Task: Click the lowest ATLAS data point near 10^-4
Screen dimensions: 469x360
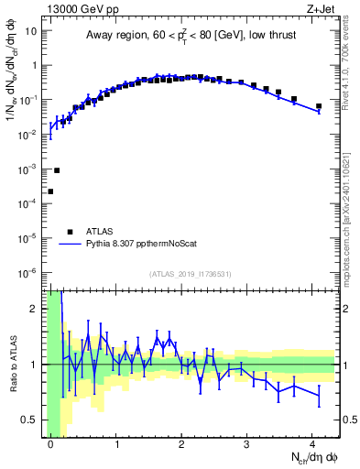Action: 50,191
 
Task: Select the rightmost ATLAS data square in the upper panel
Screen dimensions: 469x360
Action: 319,106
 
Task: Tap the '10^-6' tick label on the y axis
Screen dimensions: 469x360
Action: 27,272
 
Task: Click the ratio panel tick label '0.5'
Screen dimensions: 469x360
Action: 30,420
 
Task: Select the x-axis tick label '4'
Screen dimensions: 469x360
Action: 312,443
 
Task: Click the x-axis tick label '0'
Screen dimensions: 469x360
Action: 50,443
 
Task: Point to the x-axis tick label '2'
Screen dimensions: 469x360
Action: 181,443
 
